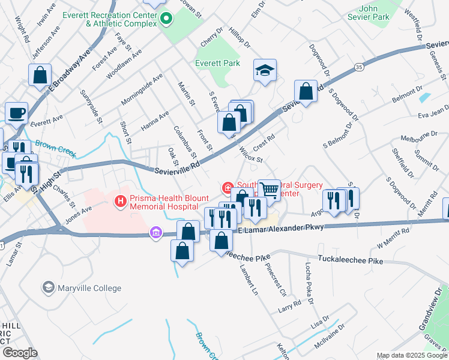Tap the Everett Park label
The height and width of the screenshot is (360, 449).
tap(217, 63)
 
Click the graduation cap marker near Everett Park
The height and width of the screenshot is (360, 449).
tap(265, 70)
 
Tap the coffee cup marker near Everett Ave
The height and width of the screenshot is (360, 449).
tap(17, 112)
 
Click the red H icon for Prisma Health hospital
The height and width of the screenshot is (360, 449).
tap(121, 201)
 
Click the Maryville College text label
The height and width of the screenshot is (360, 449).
tap(89, 289)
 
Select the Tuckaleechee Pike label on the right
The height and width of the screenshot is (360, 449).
tap(350, 261)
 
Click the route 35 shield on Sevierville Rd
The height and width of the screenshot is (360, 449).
tap(358, 67)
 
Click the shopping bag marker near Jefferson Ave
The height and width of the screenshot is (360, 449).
tap(40, 75)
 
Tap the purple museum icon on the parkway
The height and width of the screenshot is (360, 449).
tap(156, 232)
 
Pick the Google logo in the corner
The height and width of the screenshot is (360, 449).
tap(20, 352)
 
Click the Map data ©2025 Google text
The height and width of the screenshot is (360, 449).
tap(411, 356)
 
